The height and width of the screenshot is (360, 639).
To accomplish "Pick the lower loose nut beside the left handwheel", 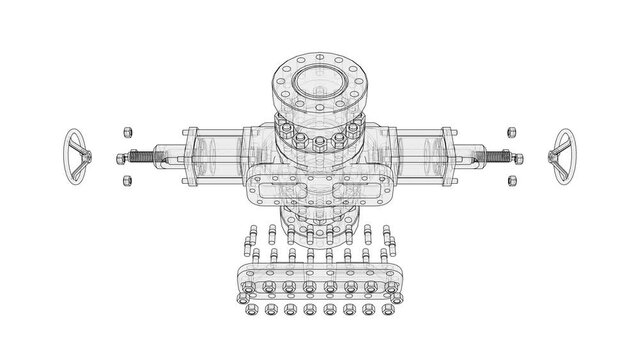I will (x=126, y=180).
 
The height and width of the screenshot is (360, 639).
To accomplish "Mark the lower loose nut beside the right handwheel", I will (x=511, y=180).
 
